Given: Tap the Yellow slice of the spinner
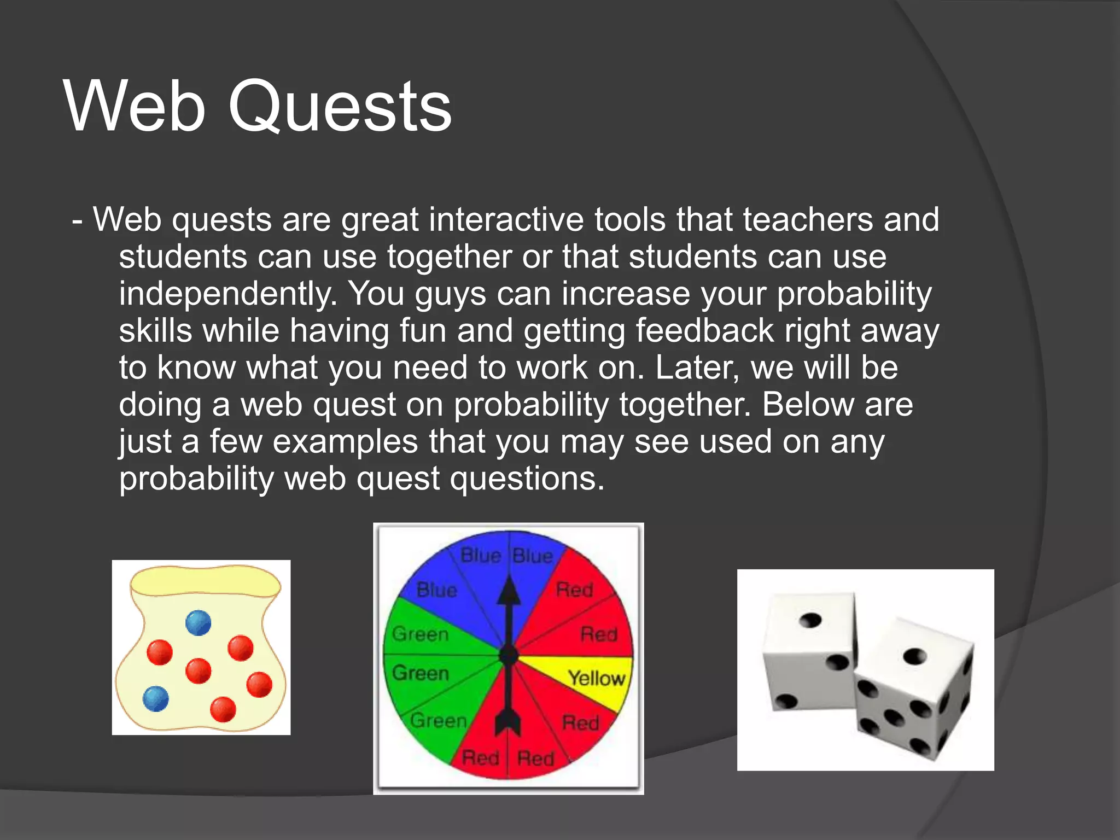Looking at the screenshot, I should pyautogui.click(x=596, y=679).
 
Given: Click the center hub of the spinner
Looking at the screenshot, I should pyautogui.click(x=509, y=655).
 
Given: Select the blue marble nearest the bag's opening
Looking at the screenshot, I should pyautogui.click(x=198, y=623).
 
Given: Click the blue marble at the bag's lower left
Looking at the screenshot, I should pyautogui.click(x=156, y=698).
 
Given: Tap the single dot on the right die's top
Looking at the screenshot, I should pyautogui.click(x=915, y=656).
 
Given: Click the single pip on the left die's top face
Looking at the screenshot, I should pyautogui.click(x=810, y=621).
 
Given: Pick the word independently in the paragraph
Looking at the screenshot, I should pyautogui.click(x=227, y=294).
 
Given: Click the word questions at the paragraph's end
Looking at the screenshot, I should pyautogui.click(x=527, y=479).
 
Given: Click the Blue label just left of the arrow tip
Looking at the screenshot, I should pyautogui.click(x=480, y=556).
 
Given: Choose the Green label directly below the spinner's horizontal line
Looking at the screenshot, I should pyautogui.click(x=420, y=673).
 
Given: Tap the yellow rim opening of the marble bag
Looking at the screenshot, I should pyautogui.click(x=205, y=581).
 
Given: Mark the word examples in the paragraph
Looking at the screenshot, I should pyautogui.click(x=345, y=442).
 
